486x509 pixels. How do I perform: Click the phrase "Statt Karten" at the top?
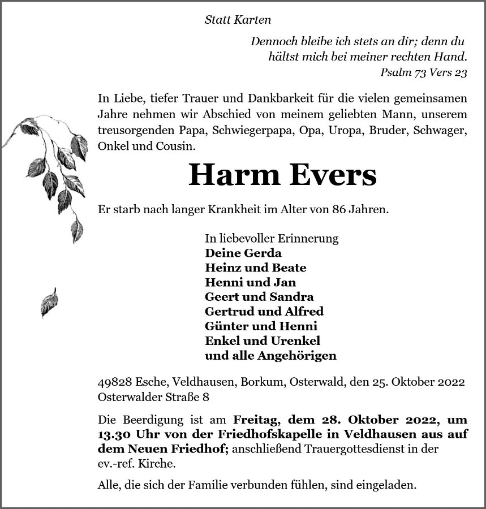tap(237, 20)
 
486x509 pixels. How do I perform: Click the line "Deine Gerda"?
tap(243, 253)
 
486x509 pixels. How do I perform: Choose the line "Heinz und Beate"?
tap(255, 268)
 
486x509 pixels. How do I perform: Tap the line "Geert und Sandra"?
tap(259, 297)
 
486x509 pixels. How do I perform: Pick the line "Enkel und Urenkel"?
tap(263, 341)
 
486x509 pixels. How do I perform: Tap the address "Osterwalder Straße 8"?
tap(153, 397)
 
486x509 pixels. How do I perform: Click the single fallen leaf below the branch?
tap(49, 303)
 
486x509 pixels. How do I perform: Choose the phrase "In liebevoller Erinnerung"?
tap(272, 238)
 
